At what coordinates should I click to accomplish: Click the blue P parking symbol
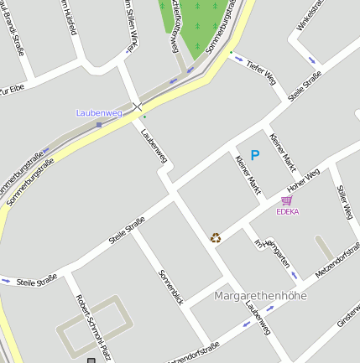[255, 154]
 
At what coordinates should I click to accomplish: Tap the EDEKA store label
[287, 211]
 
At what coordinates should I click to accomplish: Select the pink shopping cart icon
[287, 200]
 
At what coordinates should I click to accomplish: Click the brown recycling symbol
[216, 238]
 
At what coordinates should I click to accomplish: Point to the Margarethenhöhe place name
[260, 296]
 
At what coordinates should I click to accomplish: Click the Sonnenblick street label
[170, 287]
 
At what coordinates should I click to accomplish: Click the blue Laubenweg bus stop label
[99, 112]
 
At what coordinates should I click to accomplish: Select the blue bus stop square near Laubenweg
[99, 124]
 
